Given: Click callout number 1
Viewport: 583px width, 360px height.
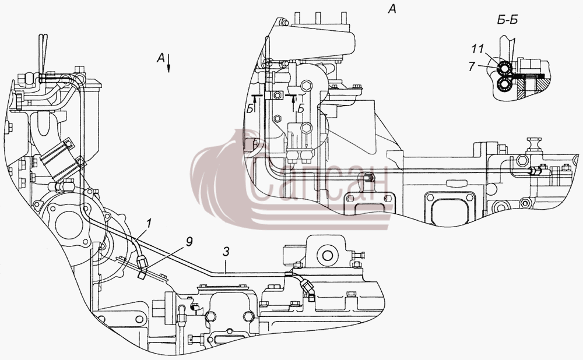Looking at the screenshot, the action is coord(149,223).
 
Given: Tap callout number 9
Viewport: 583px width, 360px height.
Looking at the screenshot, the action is coord(189,242).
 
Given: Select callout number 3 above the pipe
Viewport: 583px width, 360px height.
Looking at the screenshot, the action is coord(226,252).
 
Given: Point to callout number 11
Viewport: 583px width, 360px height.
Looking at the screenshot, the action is coord(478,49).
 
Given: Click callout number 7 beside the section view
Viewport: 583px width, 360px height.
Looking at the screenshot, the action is coord(472,66).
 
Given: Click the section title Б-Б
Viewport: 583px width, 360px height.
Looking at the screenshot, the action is coord(508,20).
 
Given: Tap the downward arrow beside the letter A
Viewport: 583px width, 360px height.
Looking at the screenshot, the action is coord(168,62).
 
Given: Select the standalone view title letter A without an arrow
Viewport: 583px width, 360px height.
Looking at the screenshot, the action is coord(392,8).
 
